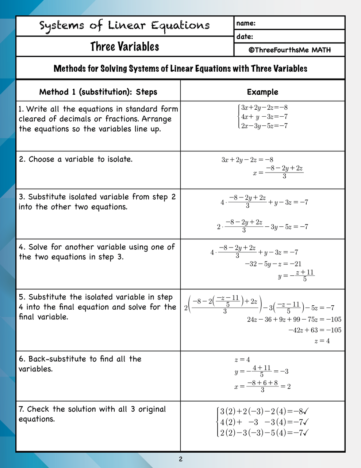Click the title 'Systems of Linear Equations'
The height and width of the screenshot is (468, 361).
point(124,26)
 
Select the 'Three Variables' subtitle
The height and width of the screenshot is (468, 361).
point(124,47)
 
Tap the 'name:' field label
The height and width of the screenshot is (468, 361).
point(246,23)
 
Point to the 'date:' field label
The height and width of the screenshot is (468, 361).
point(245,37)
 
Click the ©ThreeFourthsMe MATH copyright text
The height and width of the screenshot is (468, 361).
point(289,50)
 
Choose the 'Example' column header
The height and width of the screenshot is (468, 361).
point(262,92)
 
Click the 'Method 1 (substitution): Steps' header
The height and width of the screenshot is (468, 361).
point(98,92)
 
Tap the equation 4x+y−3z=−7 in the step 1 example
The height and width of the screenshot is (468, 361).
point(264,117)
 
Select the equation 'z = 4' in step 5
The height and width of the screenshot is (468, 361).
point(322,341)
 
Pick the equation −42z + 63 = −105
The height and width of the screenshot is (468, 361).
point(315,330)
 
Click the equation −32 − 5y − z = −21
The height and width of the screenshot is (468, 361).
point(273,264)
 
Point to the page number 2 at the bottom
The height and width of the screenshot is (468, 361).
point(181,459)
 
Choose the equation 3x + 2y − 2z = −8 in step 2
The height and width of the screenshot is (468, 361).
point(247,160)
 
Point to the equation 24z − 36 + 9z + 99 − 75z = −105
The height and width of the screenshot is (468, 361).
point(294,320)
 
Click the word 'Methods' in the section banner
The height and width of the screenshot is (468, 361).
point(69,69)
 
